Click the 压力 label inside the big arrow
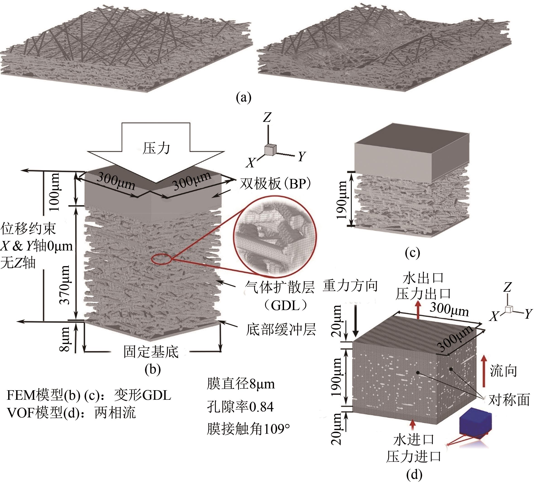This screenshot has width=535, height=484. click(156, 148)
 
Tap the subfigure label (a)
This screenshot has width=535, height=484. click(243, 98)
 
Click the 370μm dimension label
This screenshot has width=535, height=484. click(65, 285)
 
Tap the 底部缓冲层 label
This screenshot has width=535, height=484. click(281, 330)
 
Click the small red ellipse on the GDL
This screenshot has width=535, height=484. click(162, 259)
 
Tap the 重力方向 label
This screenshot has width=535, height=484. click(350, 286)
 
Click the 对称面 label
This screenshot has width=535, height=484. click(509, 400)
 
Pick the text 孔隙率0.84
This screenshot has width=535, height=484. click(240, 407)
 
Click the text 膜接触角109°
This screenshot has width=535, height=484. click(248, 429)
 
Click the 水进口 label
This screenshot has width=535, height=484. click(413, 440)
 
